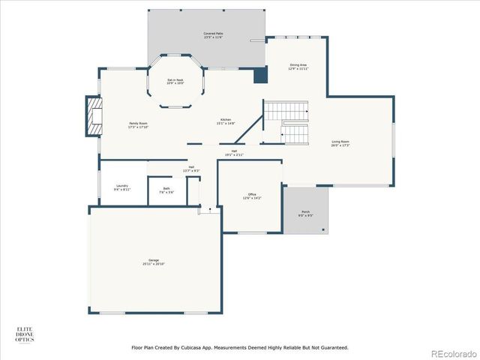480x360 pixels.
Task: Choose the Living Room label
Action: [x=340, y=142]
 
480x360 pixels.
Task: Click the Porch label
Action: [x=306, y=214]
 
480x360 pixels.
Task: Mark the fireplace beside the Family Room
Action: [x=94, y=116]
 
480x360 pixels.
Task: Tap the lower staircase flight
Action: [x=295, y=135]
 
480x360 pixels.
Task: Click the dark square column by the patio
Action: [x=260, y=75]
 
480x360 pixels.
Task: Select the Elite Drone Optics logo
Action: [x=25, y=334]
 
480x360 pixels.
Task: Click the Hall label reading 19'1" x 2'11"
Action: [x=235, y=152]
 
